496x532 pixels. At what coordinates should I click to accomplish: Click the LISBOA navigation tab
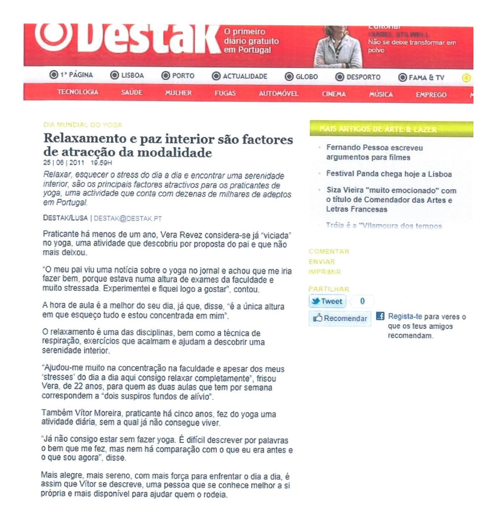128,75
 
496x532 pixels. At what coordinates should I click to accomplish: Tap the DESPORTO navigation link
358,77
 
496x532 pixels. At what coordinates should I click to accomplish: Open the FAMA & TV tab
421,78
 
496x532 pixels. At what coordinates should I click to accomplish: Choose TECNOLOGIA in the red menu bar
78,92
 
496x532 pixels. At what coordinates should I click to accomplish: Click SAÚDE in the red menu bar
132,92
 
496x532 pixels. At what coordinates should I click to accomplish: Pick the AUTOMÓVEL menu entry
278,94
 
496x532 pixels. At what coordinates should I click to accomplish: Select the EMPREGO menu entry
431,95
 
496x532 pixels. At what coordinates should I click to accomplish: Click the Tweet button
327,301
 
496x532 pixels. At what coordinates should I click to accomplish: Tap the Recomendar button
340,318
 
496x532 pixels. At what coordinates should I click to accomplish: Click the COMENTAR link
329,252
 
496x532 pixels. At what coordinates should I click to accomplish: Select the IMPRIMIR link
325,272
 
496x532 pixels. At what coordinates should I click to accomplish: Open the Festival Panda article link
389,174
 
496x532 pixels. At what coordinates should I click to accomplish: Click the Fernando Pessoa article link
374,152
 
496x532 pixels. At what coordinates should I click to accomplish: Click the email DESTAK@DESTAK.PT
128,218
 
